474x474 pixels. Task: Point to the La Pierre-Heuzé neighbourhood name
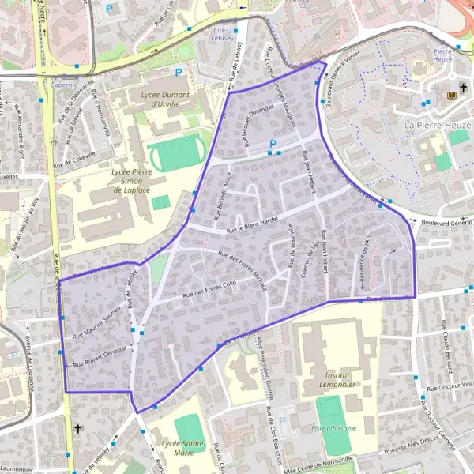(438, 125)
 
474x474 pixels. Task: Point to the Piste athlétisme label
(334, 428)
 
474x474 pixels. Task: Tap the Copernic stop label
(64, 82)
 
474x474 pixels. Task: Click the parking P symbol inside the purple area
(273, 144)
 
